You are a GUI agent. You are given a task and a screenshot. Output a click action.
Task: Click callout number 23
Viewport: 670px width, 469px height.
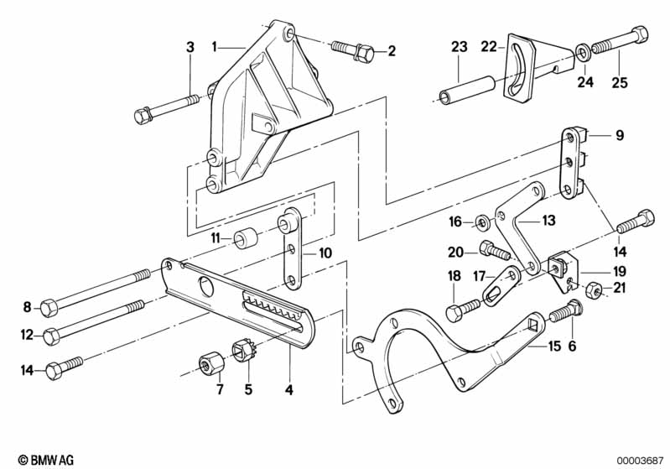459,48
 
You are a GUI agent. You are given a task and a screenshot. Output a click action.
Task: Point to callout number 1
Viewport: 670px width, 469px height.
215,47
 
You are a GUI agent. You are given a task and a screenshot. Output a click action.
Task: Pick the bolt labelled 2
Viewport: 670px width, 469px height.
353,51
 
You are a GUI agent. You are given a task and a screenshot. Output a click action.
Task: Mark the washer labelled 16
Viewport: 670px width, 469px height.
484,222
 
